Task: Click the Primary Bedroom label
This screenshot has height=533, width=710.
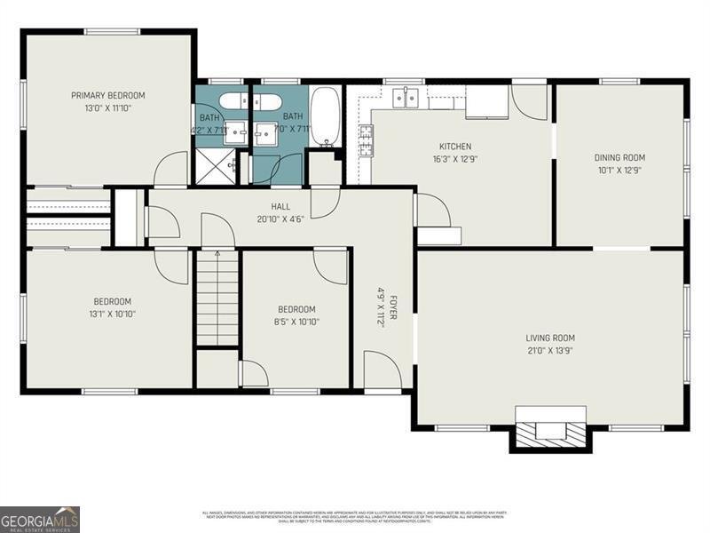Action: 107,95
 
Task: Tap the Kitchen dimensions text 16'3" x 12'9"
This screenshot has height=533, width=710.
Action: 454,160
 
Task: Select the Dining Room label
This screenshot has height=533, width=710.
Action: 619,157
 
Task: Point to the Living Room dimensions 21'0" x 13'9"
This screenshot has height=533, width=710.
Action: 550,351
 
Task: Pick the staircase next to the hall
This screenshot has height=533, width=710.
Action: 217,298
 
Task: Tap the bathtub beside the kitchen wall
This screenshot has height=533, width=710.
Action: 325,115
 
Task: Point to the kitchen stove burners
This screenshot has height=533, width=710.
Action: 365,139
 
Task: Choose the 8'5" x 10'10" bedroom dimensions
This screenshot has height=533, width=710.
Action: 297,322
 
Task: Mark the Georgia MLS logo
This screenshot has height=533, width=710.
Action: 40,519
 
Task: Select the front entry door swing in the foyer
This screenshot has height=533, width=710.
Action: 382,370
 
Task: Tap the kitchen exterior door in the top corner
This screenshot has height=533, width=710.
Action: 530,101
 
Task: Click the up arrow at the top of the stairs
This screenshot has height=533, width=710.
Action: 217,253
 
